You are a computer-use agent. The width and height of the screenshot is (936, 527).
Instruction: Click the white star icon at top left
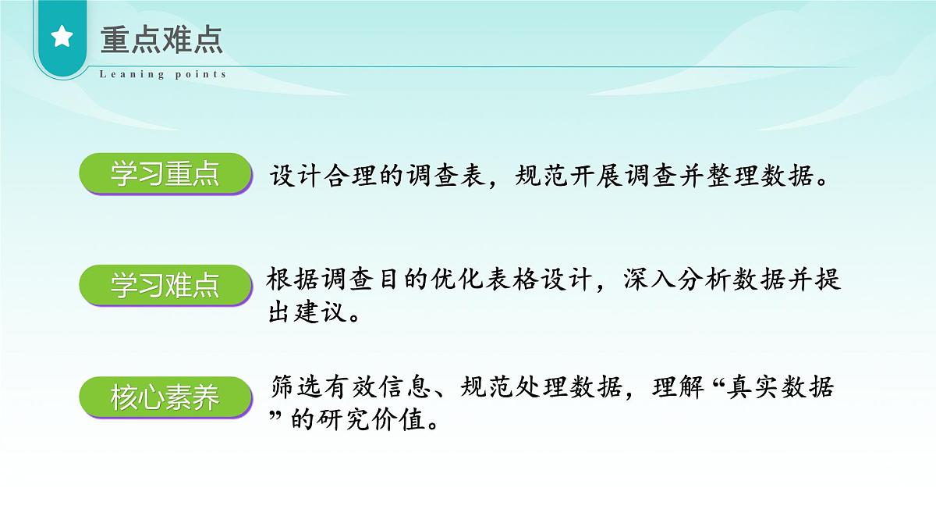click(62, 37)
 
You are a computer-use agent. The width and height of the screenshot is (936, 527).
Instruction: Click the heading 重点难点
click(161, 39)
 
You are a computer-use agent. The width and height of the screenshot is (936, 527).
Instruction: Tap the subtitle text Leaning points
click(163, 74)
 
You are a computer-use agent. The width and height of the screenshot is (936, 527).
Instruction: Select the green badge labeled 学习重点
click(165, 174)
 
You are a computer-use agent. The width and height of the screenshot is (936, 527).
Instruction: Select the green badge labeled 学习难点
click(165, 286)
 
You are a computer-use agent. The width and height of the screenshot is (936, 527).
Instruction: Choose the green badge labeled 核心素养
click(165, 398)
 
